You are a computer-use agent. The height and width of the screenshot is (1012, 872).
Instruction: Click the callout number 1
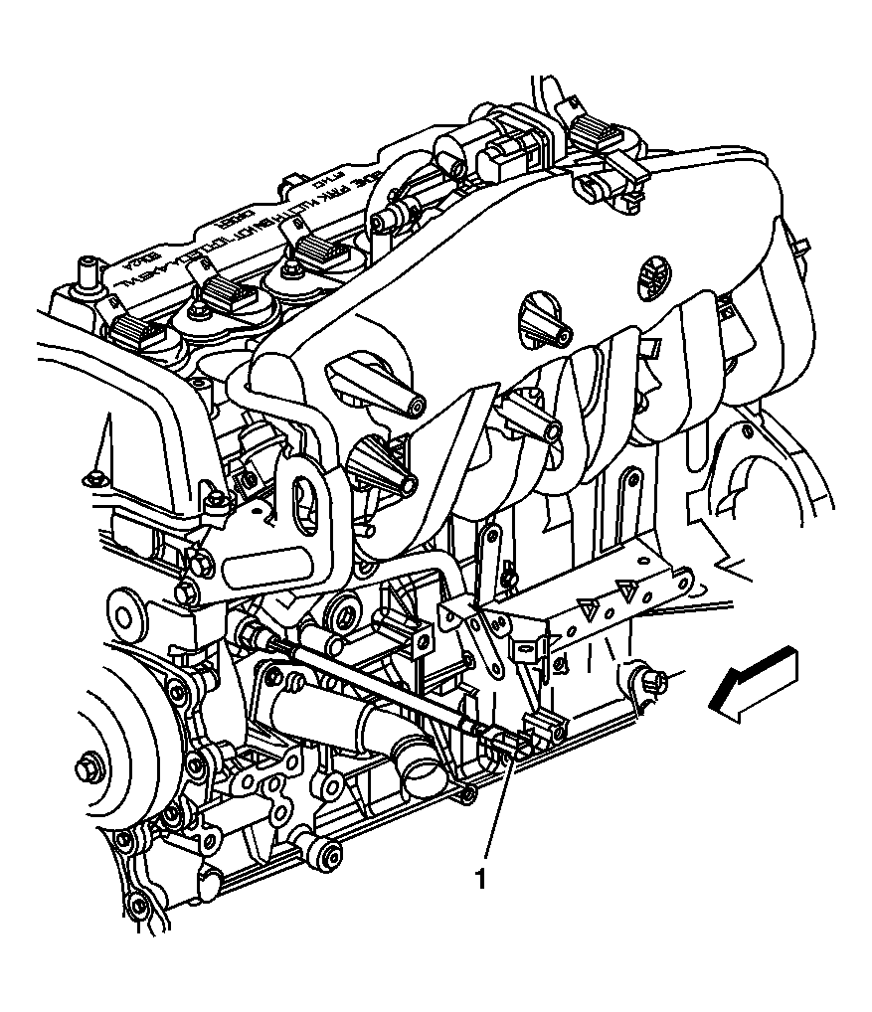click(x=482, y=880)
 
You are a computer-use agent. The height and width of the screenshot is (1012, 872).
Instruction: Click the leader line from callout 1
click(x=497, y=815)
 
